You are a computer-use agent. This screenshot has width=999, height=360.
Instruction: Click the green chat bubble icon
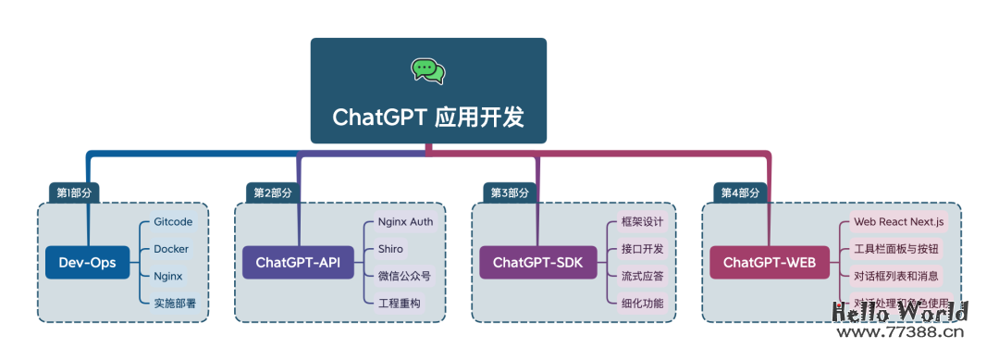pos(428,70)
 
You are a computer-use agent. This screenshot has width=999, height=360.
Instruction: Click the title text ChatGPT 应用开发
pos(428,118)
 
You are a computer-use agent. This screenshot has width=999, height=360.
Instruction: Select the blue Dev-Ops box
pos(88,263)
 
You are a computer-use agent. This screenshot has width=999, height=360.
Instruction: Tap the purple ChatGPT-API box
pos(298,263)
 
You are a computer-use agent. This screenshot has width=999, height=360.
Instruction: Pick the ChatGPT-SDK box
pos(537,263)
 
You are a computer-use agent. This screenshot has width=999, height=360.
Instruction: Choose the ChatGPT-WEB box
pos(769,263)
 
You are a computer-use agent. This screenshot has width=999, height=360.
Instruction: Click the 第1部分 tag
pos(75,192)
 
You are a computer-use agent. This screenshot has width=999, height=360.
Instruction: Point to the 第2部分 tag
pos(273,192)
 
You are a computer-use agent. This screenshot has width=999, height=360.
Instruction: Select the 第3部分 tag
pos(510,192)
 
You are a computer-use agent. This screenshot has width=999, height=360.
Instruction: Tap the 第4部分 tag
pos(741,192)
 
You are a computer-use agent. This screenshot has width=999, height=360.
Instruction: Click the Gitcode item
pos(173,223)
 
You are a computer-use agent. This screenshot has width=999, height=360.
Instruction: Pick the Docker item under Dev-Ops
pos(171,250)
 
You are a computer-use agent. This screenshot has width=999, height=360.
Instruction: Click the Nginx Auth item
pos(405,222)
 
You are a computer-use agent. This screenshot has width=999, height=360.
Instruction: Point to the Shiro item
pos(390,249)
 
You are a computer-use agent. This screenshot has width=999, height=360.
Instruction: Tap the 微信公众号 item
pos(404,276)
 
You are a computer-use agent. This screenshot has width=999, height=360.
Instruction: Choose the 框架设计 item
pos(642,223)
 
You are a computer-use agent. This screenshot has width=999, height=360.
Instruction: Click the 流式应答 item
pos(642,276)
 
